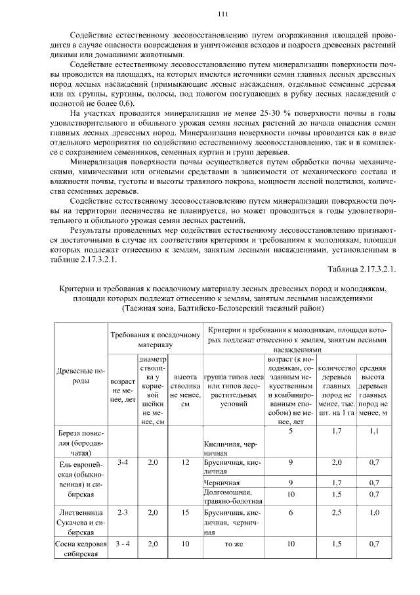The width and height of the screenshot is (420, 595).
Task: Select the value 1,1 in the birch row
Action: point(374,431)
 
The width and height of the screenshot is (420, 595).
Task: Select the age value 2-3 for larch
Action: point(122,511)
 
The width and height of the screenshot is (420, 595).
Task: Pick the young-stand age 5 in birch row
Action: point(290,431)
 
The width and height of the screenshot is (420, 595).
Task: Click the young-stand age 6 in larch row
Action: point(290,511)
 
